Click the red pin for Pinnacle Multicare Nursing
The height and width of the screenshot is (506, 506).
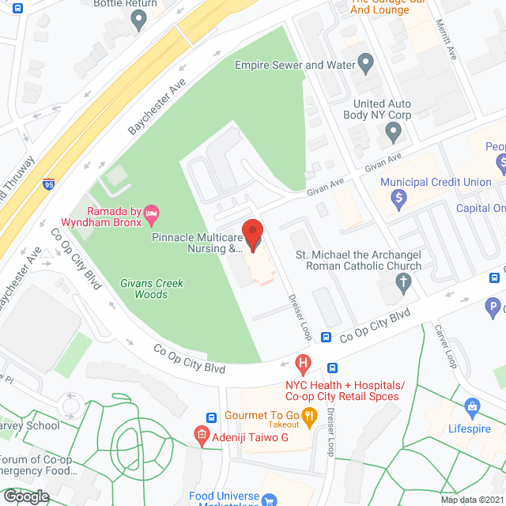click(252, 235)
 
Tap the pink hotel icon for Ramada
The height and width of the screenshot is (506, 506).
click(153, 212)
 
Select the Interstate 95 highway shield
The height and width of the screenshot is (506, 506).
click(49, 184)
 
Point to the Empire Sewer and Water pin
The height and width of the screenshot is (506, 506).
click(364, 62)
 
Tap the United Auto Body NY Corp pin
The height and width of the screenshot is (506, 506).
click(394, 134)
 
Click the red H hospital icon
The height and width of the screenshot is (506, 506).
click(302, 364)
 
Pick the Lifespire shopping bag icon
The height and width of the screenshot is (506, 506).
click(473, 407)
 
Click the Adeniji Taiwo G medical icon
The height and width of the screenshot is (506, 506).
click(202, 433)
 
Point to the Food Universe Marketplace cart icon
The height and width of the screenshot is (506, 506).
click(269, 500)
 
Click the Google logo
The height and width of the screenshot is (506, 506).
click(26, 496)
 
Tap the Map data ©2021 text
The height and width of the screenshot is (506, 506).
click(472, 500)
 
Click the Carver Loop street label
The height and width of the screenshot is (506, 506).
click(450, 349)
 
